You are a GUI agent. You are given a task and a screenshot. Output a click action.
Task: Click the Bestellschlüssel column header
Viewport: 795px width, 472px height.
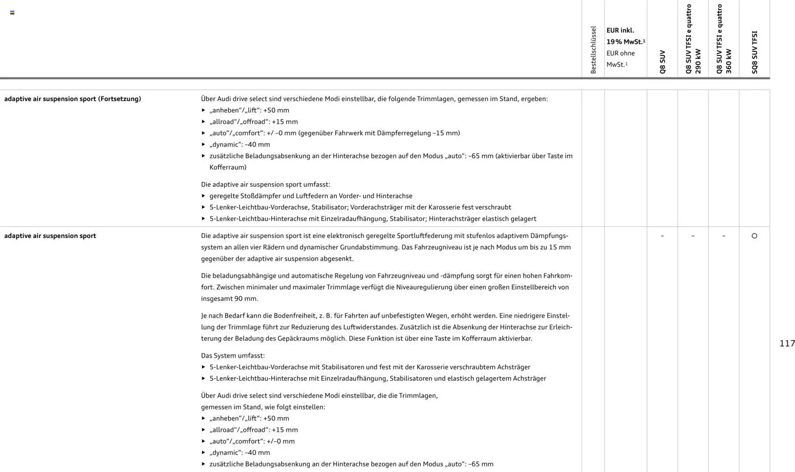pos(593,50)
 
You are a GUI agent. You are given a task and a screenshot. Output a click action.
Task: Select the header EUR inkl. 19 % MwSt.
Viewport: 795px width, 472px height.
pos(625,36)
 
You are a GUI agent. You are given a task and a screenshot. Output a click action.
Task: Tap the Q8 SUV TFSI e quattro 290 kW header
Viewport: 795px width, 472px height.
pos(693,39)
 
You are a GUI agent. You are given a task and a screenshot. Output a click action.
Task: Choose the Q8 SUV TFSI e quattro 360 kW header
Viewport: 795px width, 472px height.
pos(724,39)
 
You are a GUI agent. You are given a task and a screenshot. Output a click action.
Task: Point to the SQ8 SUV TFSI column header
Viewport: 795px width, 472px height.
pos(754,52)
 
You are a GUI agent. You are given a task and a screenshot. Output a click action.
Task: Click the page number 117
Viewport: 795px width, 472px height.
pos(787,344)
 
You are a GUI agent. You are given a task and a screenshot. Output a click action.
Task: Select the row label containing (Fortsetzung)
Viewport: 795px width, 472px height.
pos(72,99)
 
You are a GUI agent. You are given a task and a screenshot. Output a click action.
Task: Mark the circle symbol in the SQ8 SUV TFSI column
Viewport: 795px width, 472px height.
pos(754,236)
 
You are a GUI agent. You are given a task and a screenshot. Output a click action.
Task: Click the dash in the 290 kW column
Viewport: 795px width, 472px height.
pos(693,236)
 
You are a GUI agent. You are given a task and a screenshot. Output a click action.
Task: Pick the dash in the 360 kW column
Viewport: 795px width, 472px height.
pos(724,236)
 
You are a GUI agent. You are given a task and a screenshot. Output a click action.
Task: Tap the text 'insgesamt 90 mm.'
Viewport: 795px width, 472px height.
pos(229,299)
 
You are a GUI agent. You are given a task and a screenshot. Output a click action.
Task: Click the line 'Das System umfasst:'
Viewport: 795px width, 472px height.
pos(233,356)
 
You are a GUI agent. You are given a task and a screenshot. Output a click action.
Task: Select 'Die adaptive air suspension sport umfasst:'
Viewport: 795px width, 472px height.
pos(265,184)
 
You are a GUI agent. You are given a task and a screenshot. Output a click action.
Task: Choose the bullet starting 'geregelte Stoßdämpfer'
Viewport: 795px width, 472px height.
pos(310,196)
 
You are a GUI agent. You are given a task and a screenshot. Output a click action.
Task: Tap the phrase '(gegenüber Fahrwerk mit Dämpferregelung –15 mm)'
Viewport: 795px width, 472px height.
pos(379,133)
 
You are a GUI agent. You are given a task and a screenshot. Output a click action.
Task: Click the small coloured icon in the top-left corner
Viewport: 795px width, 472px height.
pos(12,12)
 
